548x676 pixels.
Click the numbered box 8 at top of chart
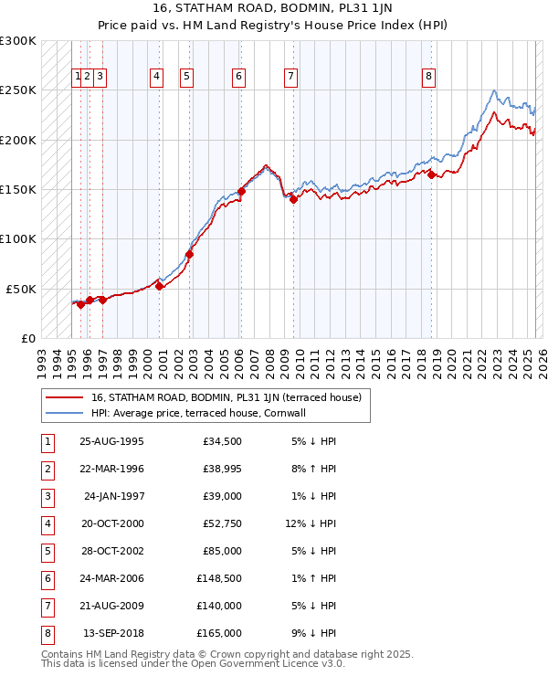[x=428, y=78]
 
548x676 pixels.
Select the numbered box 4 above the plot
[x=157, y=78]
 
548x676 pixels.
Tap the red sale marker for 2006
[x=242, y=191]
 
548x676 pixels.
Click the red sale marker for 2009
[x=293, y=199]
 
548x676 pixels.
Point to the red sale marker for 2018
[x=431, y=174]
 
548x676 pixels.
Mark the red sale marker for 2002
[x=190, y=254]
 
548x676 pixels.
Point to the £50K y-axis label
[x=21, y=289]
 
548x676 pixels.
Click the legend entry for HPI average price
[x=197, y=413]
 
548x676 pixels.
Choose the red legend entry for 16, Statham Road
[x=226, y=397]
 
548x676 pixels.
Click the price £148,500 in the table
[x=219, y=578]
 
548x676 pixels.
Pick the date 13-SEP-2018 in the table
[x=113, y=633]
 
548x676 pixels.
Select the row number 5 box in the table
[x=47, y=551]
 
